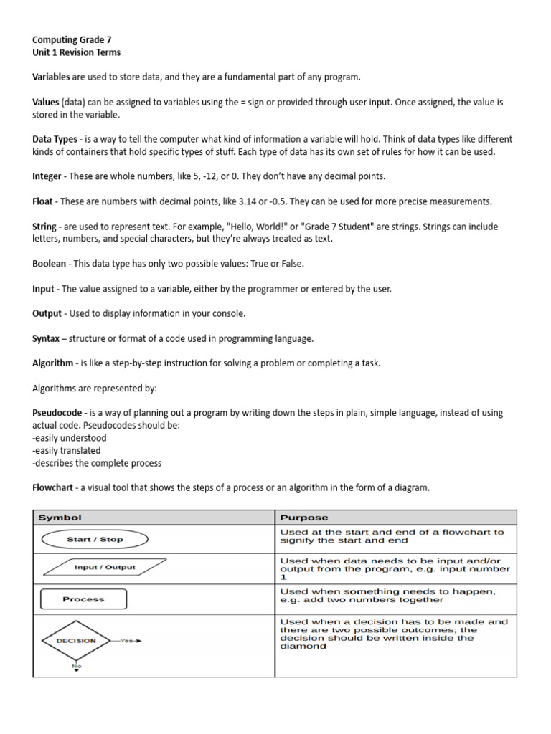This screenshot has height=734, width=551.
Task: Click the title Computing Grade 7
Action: click(x=72, y=40)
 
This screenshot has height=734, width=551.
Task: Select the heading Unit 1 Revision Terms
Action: click(x=77, y=52)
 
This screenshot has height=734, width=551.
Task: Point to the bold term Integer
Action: click(x=47, y=176)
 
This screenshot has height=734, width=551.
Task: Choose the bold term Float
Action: click(x=42, y=201)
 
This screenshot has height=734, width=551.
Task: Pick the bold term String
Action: click(x=44, y=227)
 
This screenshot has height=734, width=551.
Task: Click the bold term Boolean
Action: click(x=50, y=264)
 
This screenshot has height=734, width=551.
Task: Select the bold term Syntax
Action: click(x=47, y=338)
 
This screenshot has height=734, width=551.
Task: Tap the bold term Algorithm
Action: click(x=52, y=363)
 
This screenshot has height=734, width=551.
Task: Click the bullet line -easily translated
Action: click(x=67, y=451)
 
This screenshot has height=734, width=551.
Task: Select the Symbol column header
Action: click(x=60, y=518)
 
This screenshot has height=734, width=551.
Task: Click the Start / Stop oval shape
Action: click(x=94, y=539)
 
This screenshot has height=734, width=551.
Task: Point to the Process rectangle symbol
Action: click(x=84, y=599)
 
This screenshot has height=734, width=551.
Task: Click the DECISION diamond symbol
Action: click(x=76, y=641)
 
